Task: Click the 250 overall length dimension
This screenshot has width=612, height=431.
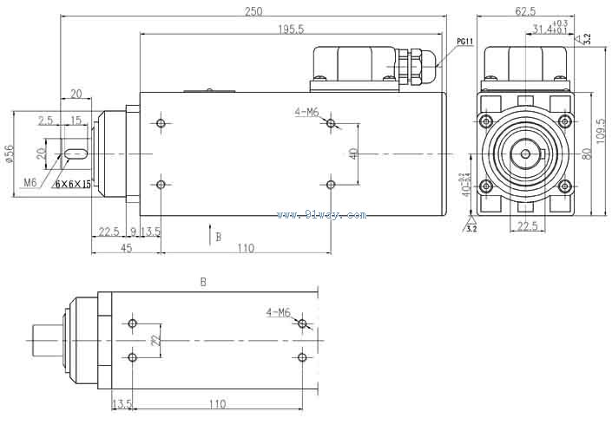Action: coord(253,11)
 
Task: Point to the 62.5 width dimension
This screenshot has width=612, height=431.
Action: coord(525,11)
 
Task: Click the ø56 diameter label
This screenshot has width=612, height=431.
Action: coord(9,153)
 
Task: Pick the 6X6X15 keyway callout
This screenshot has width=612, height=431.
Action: coord(73,184)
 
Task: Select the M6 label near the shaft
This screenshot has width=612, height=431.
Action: coord(30,182)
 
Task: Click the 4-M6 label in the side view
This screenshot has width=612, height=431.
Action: coord(307,112)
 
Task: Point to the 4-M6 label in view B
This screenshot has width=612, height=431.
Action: coord(279,311)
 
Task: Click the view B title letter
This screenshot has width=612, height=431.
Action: coord(203,282)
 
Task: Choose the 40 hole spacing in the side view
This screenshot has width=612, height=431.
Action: coord(353,153)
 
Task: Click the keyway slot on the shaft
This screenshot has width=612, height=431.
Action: coord(76,154)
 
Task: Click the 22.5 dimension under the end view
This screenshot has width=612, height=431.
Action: coord(526,226)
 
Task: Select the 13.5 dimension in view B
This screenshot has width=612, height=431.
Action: coord(122,404)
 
